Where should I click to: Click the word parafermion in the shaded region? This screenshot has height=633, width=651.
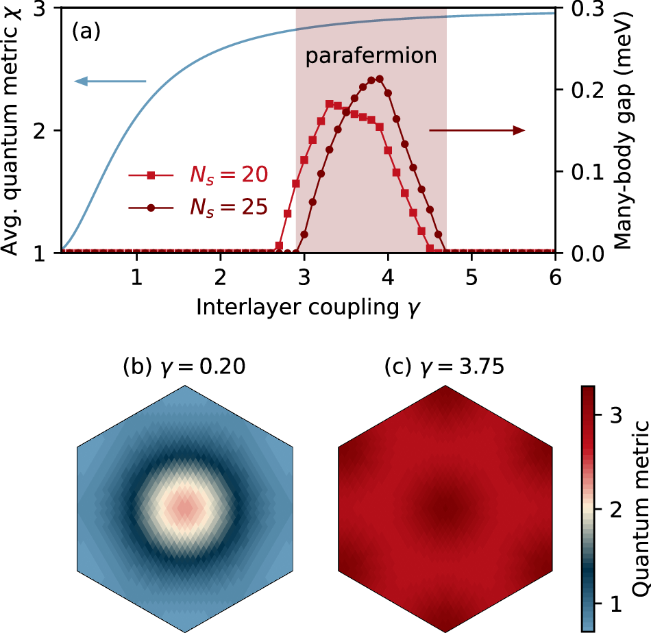(371, 55)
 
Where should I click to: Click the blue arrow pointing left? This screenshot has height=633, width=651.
(110, 82)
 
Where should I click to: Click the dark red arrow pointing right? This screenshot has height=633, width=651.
(477, 130)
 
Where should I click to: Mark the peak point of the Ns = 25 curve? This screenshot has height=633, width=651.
(380, 79)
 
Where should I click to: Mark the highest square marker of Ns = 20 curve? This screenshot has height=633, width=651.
(330, 104)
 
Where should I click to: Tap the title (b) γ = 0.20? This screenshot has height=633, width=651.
(184, 367)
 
